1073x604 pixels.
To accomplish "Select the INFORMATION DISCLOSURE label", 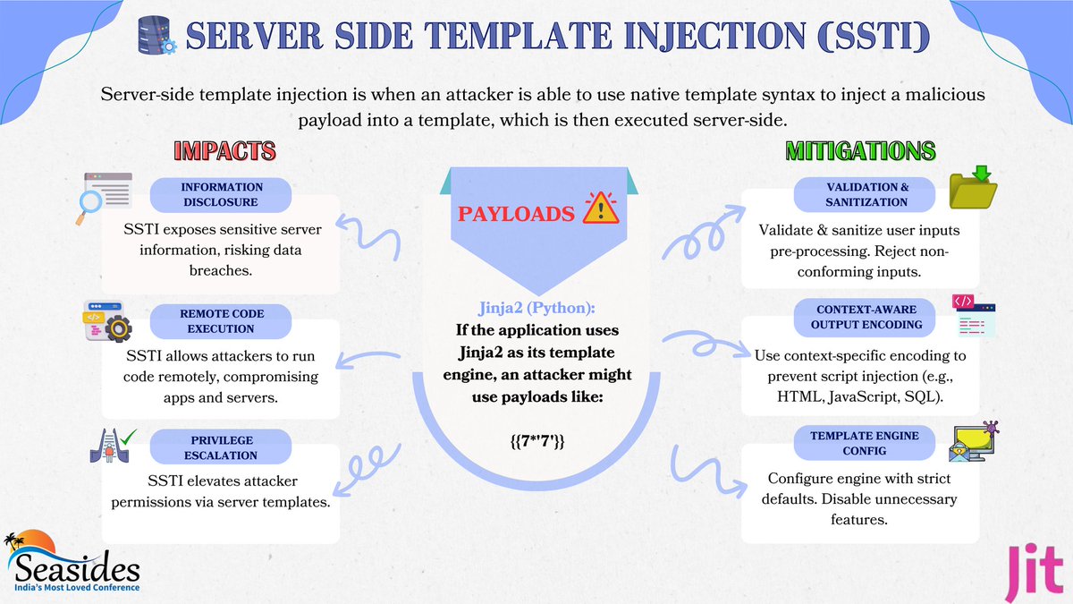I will [x=222, y=194].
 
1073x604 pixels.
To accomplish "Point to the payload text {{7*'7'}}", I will [x=536, y=440].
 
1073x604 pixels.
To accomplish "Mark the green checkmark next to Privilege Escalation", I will [x=130, y=436].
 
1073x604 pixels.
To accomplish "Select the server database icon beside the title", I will [x=156, y=38].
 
